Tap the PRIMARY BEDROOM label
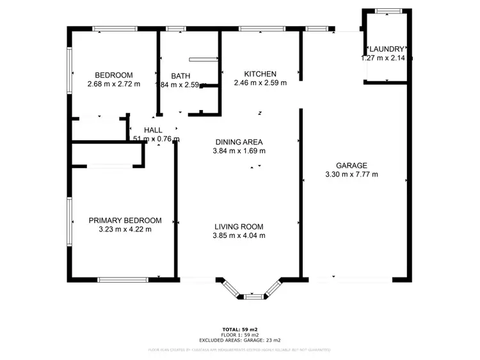125,220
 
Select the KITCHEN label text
260,74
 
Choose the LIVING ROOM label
239,226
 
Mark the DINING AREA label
239,142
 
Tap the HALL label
153,130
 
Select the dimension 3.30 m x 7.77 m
351,174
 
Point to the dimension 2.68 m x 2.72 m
114,83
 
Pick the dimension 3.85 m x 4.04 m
239,235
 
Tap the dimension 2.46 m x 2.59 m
260,82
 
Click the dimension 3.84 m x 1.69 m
239,151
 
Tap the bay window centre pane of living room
253,296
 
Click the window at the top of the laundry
388,11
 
